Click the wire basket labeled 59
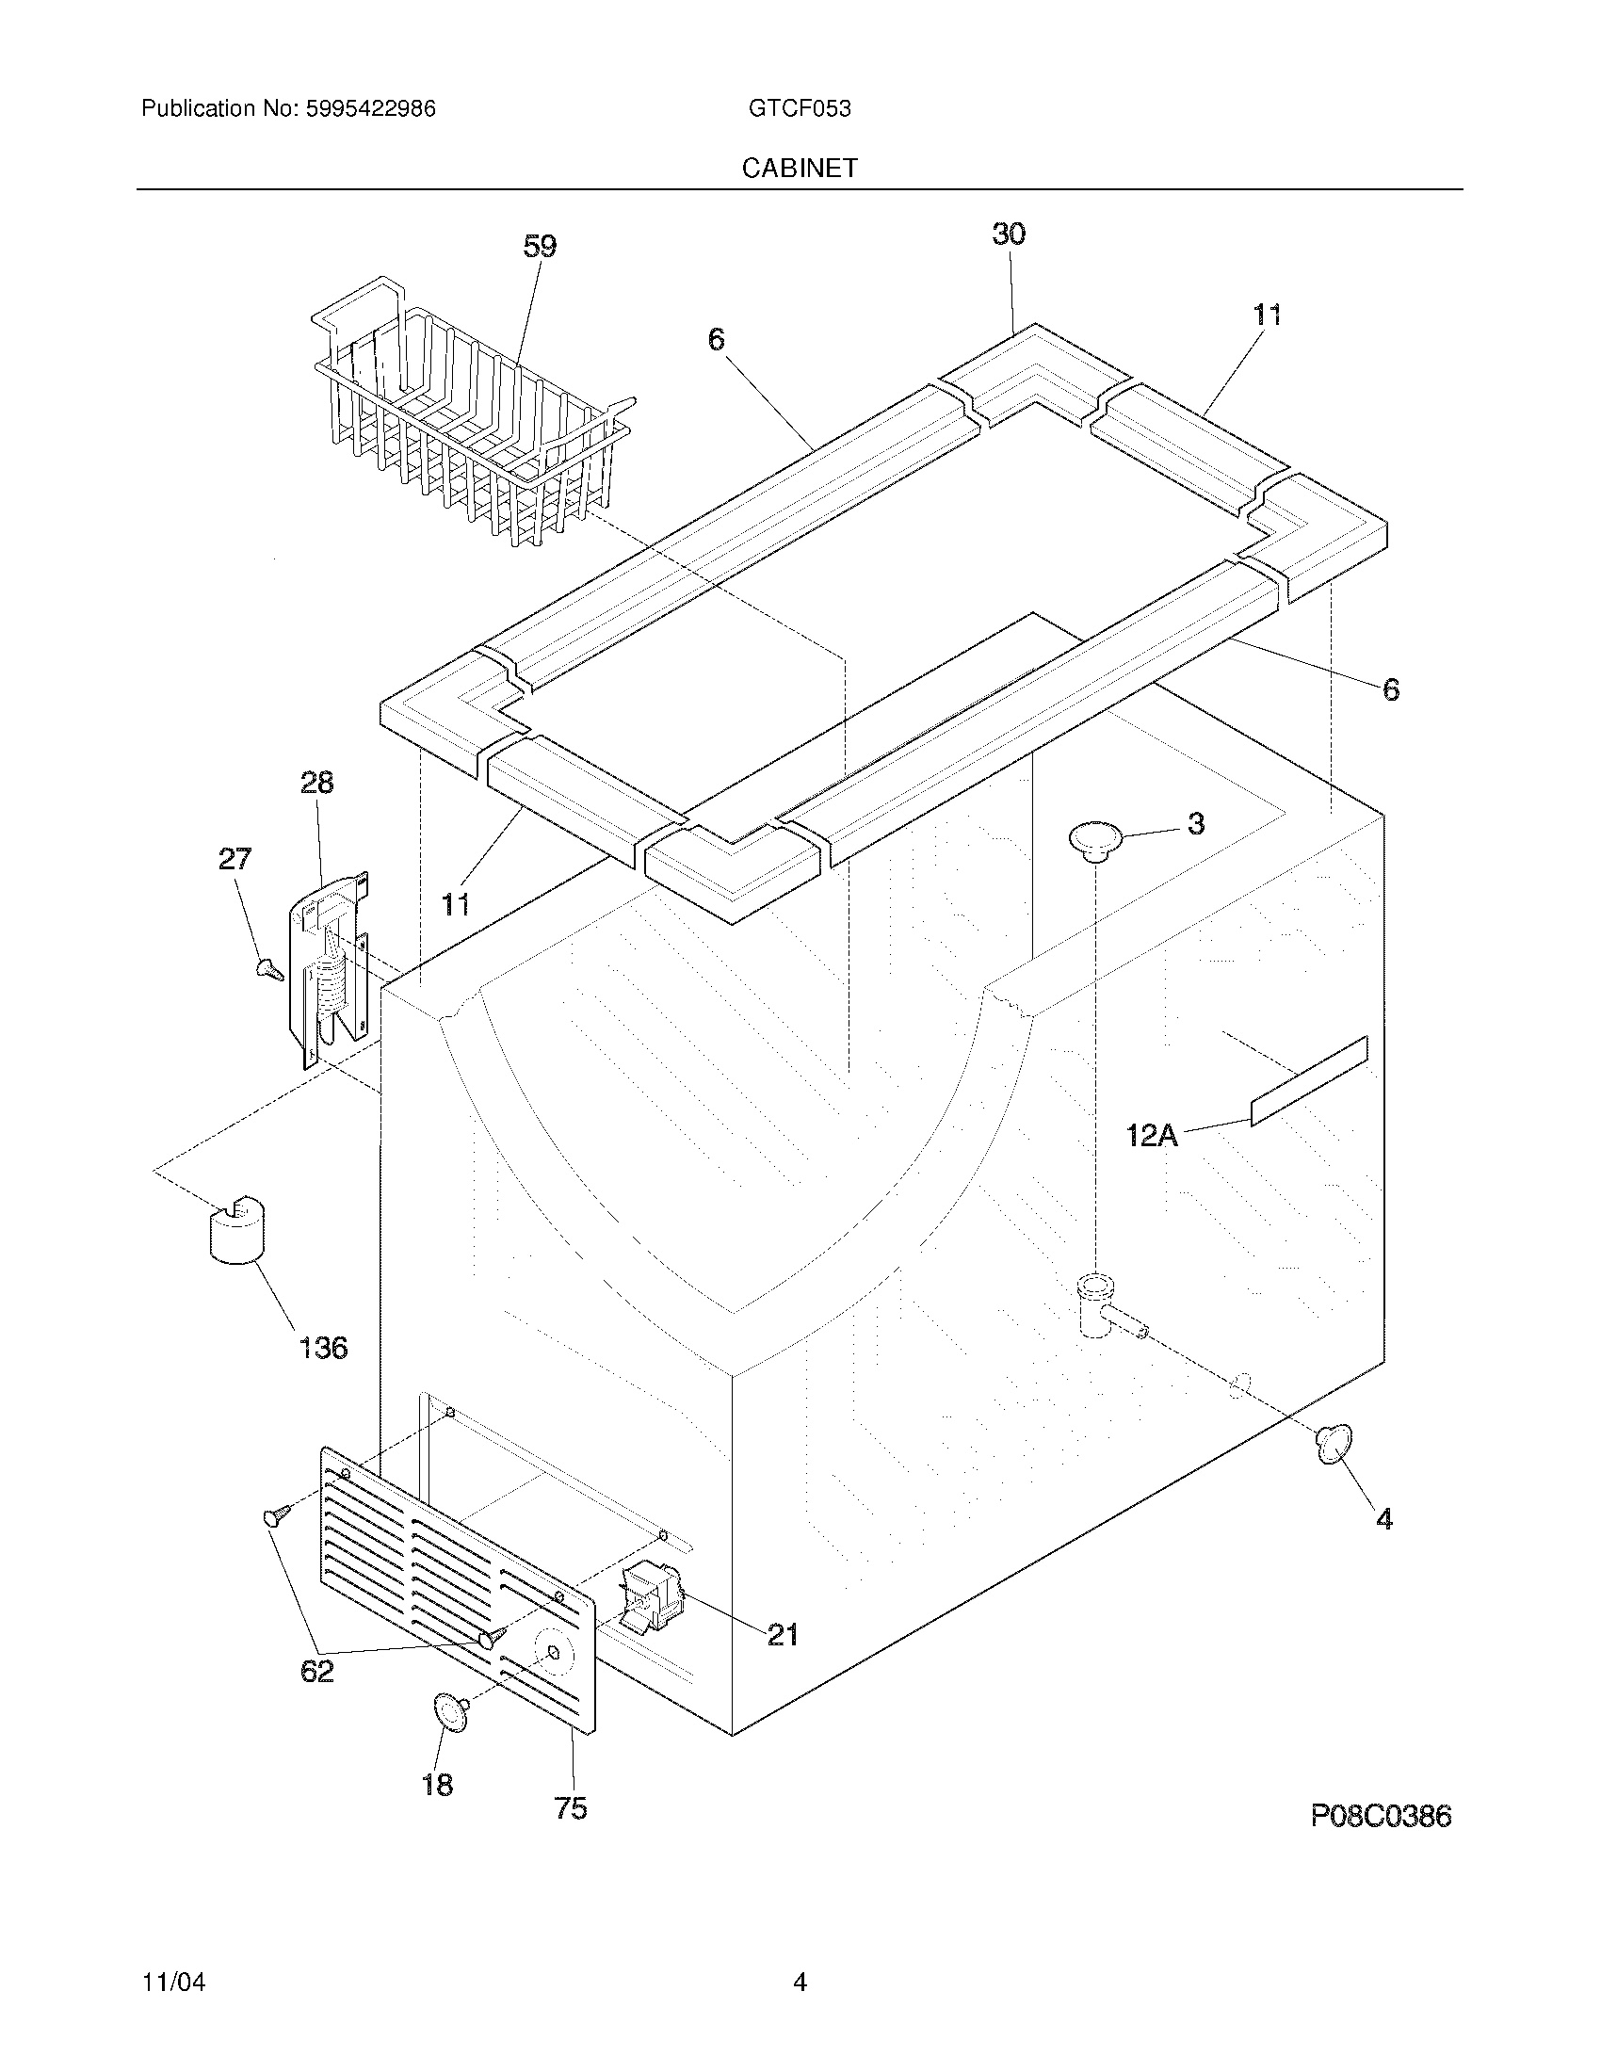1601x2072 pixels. [x=464, y=417]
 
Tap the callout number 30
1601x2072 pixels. [x=1009, y=235]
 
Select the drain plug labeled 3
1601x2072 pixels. [x=1095, y=839]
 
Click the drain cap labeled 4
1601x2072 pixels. [x=1333, y=1444]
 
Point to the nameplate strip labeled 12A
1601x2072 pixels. [x=1309, y=1081]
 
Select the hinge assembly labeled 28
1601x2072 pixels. [x=329, y=967]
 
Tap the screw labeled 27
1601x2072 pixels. [x=270, y=968]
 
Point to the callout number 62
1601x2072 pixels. [x=317, y=1671]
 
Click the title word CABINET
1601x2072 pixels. [x=800, y=168]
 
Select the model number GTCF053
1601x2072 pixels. [x=800, y=109]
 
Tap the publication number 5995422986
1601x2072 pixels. [x=370, y=109]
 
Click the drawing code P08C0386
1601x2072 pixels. [x=1381, y=1816]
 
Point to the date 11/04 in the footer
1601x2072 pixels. [x=173, y=1956]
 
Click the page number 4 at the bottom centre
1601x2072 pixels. [x=800, y=1956]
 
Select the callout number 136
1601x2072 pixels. [x=323, y=1347]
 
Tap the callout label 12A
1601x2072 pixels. [x=1152, y=1135]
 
